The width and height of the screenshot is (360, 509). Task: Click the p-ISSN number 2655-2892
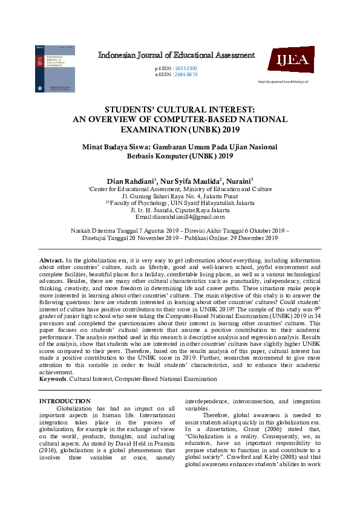[185, 68]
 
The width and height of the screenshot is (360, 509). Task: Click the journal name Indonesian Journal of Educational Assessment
[176, 56]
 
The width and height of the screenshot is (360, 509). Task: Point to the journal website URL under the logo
[283, 80]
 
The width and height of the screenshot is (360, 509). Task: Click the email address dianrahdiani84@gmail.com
[188, 216]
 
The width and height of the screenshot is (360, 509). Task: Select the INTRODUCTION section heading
[65, 401]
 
